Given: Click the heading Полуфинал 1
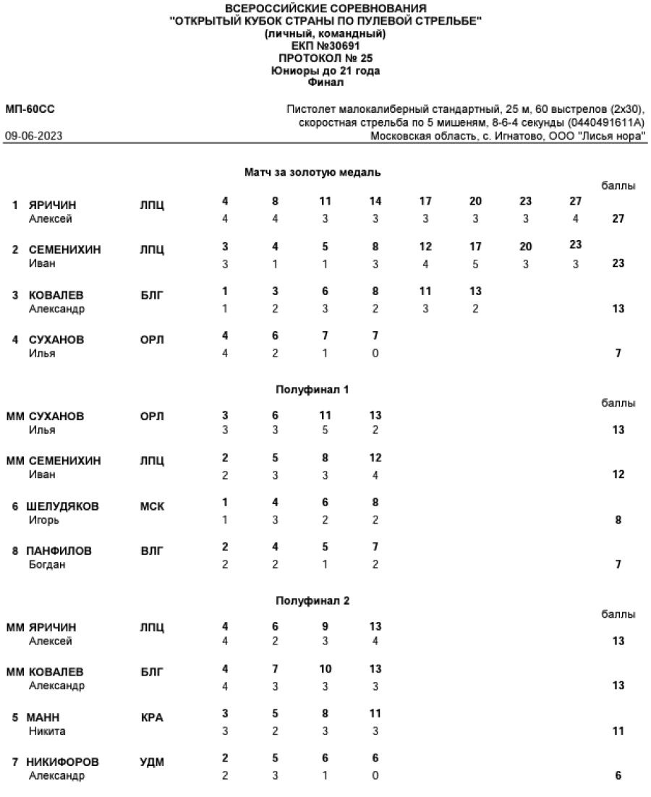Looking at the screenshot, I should tap(312, 389).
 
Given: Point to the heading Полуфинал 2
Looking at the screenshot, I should tap(312, 600).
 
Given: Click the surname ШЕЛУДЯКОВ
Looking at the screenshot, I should tap(63, 506).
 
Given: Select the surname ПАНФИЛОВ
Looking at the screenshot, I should tap(60, 550).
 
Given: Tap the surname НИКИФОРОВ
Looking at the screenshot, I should tap(64, 762).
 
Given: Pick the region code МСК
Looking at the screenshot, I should tap(152, 506).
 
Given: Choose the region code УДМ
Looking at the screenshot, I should tap(152, 762).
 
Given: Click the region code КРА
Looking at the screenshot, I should tap(152, 717).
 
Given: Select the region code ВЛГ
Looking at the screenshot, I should tap(152, 550).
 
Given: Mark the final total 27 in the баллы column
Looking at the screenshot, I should tap(618, 218).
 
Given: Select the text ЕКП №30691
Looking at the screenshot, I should tap(325, 46).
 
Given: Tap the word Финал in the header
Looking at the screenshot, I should tap(325, 82).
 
